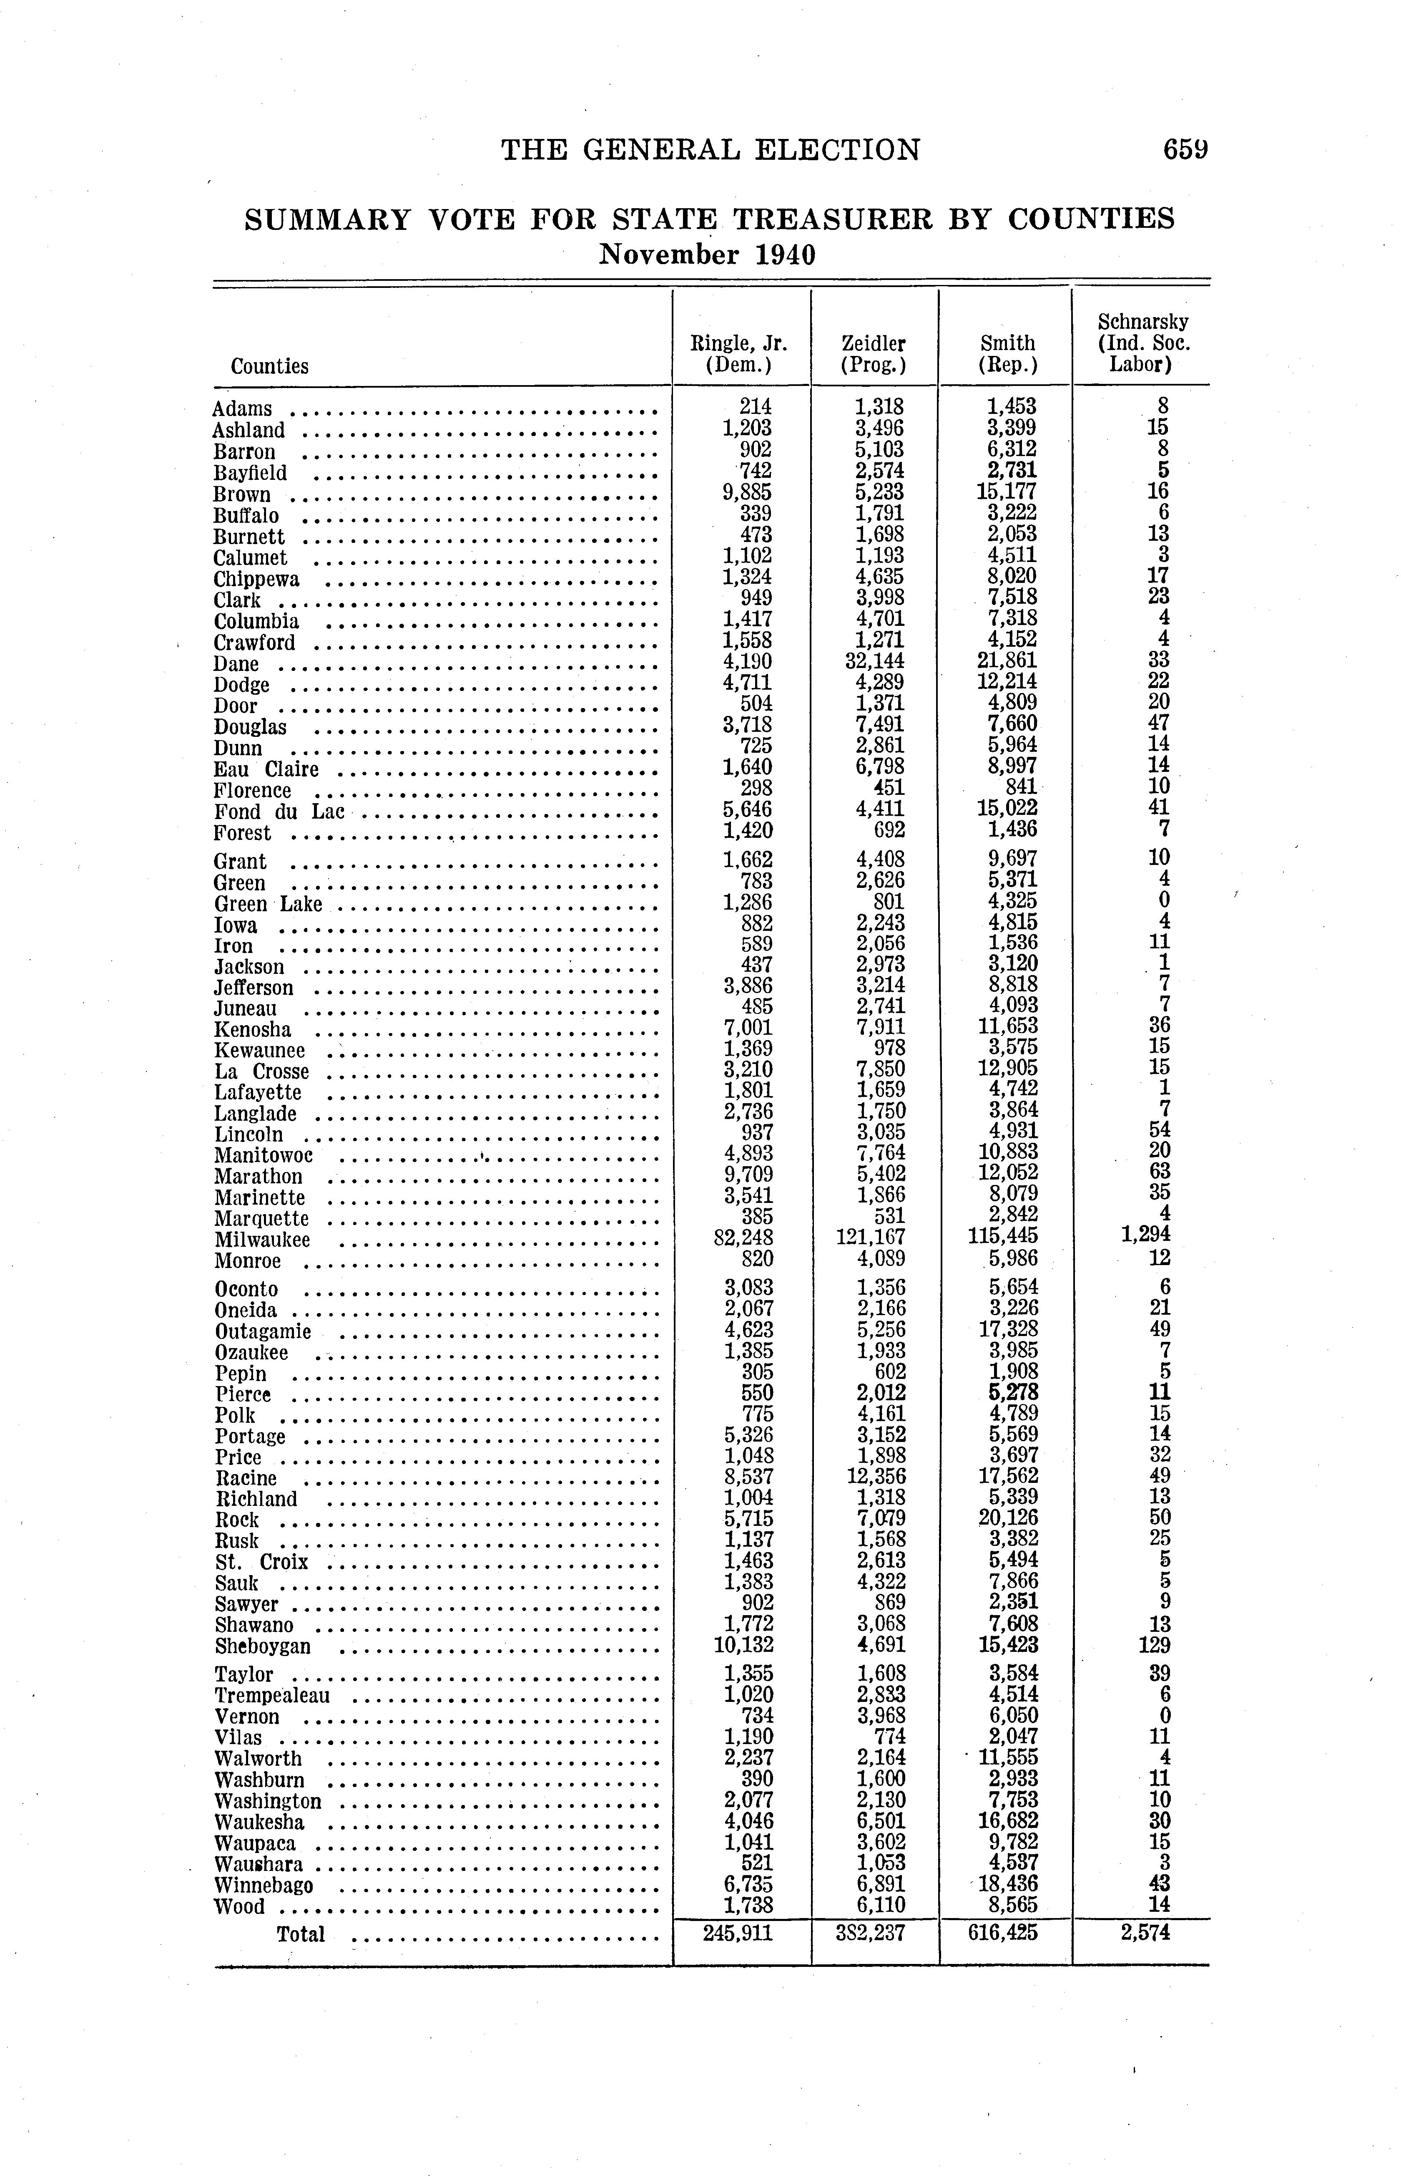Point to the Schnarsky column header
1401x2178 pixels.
pyautogui.click(x=1142, y=343)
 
